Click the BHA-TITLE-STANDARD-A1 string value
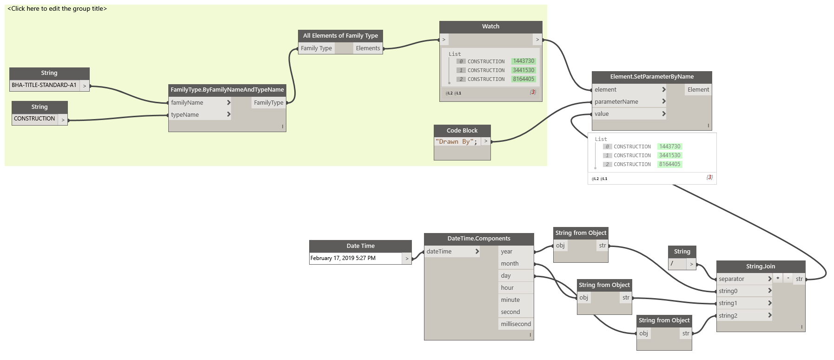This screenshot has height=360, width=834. click(44, 85)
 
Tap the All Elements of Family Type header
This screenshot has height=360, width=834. click(340, 36)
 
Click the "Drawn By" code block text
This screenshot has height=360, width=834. click(456, 142)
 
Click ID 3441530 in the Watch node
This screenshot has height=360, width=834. click(523, 70)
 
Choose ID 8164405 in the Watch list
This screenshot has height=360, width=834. click(523, 79)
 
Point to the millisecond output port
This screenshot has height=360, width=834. click(516, 324)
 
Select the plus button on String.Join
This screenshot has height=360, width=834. click(778, 278)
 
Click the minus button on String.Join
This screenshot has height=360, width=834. click(788, 278)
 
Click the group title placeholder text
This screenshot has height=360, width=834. click(57, 9)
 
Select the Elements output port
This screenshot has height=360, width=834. click(368, 48)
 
